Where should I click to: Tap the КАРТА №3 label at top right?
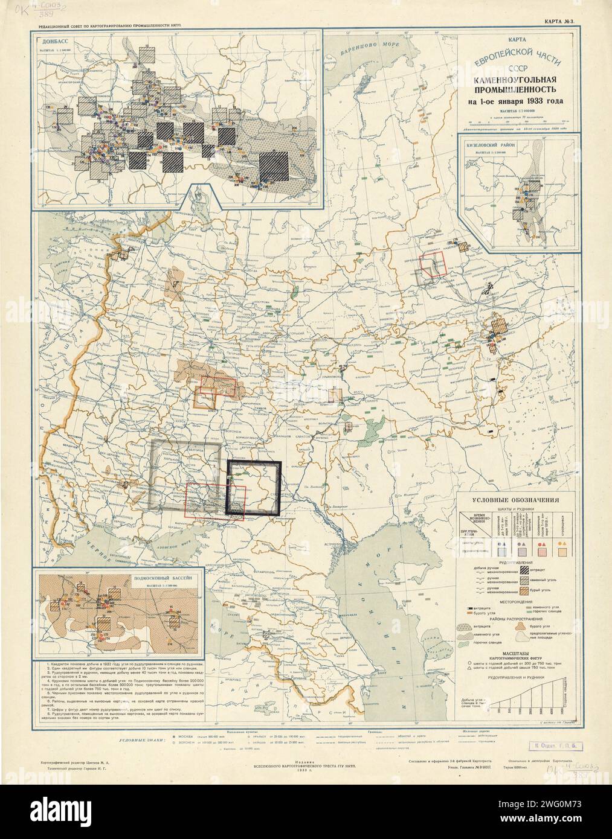click(x=561, y=23)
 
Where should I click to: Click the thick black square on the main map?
click(x=254, y=488)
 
